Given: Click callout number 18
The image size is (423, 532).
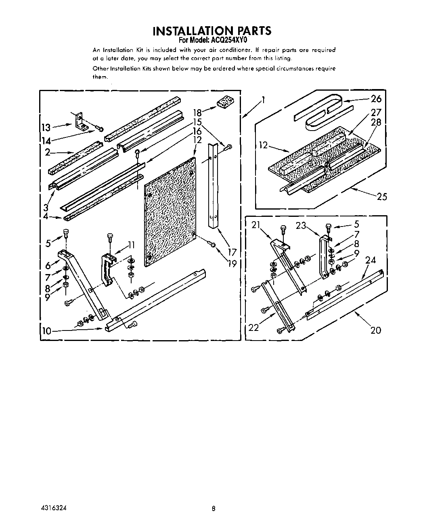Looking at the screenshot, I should (197, 112).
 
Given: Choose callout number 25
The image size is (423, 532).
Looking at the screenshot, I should (381, 197).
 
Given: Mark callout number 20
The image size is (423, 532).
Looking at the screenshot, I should (376, 330).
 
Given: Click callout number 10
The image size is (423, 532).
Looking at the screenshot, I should (47, 331).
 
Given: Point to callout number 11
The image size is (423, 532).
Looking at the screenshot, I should (131, 245).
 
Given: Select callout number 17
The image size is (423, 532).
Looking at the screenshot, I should (231, 253).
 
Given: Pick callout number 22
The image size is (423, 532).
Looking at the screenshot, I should (253, 327).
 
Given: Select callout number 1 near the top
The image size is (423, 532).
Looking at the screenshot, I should (263, 100).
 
